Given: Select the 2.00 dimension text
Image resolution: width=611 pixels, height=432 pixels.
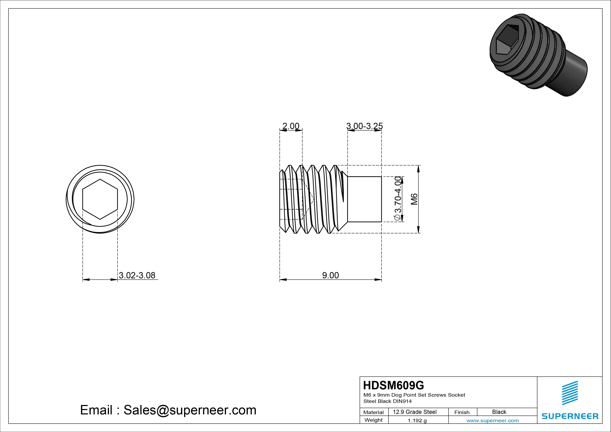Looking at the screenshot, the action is tap(291, 126).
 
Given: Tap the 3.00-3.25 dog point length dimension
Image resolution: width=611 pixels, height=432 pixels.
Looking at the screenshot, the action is tap(365, 126).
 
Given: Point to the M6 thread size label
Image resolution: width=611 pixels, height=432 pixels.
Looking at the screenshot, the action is tap(414, 199).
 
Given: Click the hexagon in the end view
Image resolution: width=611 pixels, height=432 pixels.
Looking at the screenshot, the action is tap(100, 199).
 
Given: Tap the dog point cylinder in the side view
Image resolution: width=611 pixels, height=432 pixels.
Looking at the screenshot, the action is tap(365, 199).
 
